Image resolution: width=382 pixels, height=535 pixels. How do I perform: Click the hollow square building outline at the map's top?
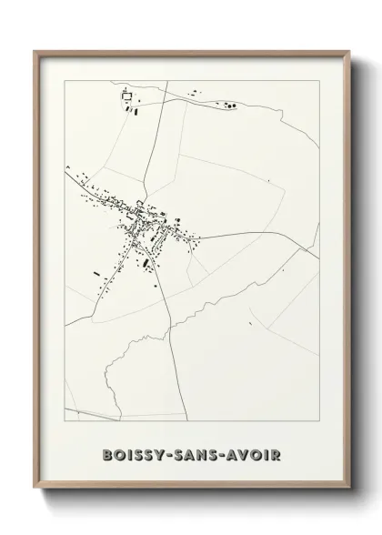click(126, 95)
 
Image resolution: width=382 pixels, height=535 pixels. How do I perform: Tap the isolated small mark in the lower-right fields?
click(282, 270)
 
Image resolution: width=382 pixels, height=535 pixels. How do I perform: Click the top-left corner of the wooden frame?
click(35, 52)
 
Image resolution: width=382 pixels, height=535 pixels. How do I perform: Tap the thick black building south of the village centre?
click(145, 263)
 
